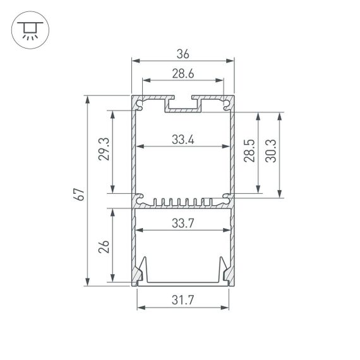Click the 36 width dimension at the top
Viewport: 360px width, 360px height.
[183, 54]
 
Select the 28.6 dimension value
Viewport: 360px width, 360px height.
[183, 74]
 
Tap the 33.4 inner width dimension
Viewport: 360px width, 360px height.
[183, 140]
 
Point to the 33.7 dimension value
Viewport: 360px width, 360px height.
[183, 222]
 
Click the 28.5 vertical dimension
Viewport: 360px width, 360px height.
[249, 152]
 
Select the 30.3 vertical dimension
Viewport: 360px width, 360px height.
[272, 152]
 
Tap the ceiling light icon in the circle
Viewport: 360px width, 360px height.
[28, 29]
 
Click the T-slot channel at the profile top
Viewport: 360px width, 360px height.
[183, 104]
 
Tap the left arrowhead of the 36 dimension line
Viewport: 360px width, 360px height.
[135, 61]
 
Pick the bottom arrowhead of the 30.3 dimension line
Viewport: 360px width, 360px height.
[280, 193]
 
